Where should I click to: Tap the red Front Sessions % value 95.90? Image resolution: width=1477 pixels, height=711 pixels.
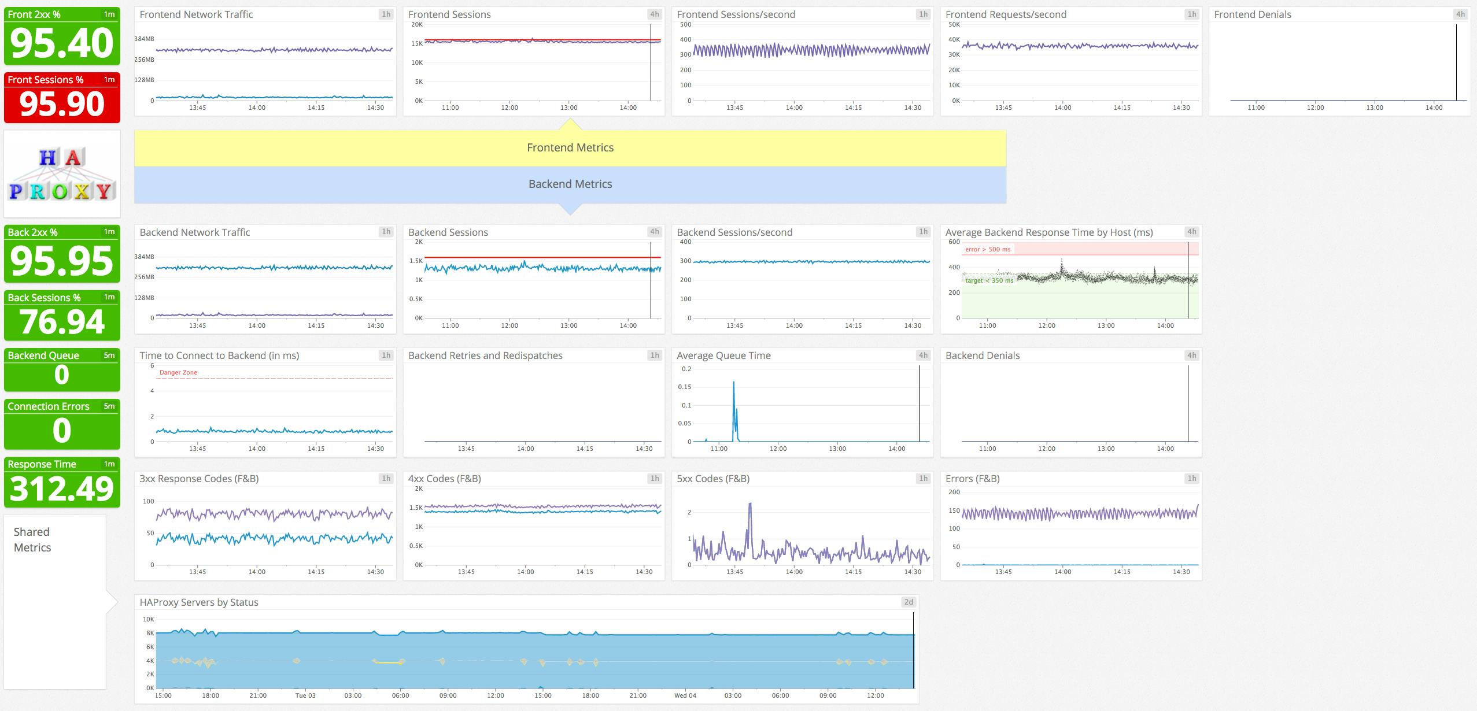click(x=62, y=104)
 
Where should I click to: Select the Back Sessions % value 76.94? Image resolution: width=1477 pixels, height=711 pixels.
click(x=62, y=322)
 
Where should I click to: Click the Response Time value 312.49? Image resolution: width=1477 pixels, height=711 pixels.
click(x=62, y=489)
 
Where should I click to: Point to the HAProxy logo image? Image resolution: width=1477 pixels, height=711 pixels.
click(x=62, y=174)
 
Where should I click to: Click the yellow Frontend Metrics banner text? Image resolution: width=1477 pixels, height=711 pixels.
click(x=570, y=148)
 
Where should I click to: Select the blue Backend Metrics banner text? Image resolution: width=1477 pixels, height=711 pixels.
click(x=570, y=184)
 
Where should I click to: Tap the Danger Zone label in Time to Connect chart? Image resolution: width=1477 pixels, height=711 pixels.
click(x=178, y=373)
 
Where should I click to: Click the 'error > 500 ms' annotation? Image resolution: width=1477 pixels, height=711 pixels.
click(x=988, y=250)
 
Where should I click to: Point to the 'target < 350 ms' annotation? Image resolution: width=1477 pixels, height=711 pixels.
click(x=989, y=281)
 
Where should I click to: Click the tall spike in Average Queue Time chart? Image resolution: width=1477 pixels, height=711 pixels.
click(x=734, y=384)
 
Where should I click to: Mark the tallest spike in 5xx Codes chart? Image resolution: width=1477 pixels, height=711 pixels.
click(x=750, y=505)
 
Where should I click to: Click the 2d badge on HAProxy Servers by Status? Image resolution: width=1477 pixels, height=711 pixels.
click(x=909, y=602)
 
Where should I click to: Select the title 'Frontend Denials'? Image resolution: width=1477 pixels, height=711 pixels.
click(x=1252, y=15)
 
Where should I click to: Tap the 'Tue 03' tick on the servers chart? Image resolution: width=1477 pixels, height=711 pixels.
click(x=305, y=695)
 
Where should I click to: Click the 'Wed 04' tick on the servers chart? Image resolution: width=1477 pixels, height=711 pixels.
click(x=685, y=695)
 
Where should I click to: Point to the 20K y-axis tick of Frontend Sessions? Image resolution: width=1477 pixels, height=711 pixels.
click(x=416, y=25)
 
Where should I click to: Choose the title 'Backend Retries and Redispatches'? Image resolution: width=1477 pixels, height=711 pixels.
click(x=485, y=356)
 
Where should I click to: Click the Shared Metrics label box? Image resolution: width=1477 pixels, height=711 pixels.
click(x=33, y=540)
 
